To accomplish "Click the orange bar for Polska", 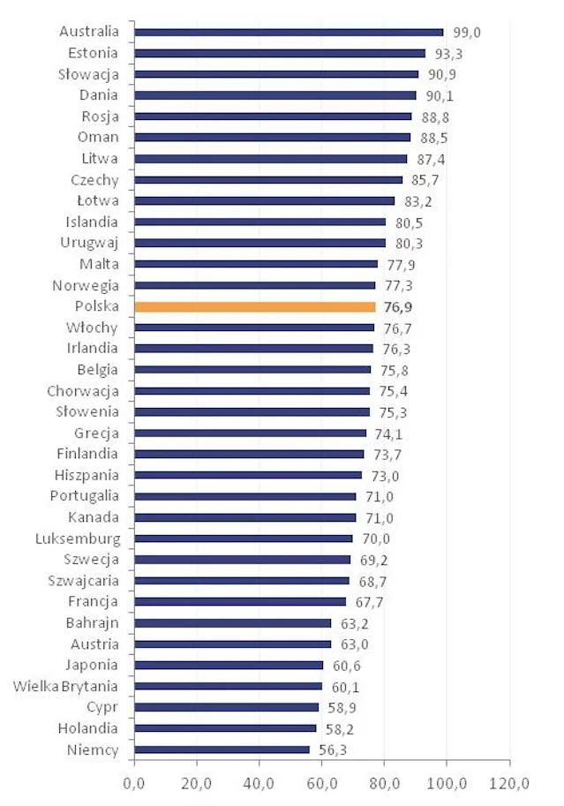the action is [255, 307].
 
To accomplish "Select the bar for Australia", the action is [289, 33].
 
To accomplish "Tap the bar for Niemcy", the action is [222, 750].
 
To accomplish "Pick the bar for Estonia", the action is [280, 54].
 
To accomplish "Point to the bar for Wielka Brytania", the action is [229, 686].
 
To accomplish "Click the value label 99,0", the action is [467, 33].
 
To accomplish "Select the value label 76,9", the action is [398, 307].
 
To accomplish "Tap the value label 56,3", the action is [333, 750].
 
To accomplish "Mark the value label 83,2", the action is [418, 201].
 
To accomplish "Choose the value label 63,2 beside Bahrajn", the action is [355, 623].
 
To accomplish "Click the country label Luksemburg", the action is [78, 539].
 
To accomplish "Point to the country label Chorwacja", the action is [83, 391].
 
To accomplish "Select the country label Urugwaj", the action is [89, 243].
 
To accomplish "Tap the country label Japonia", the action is [92, 665].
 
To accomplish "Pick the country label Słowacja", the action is [88, 74].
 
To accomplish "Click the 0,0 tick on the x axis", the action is [133, 783].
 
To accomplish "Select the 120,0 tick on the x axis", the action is [509, 783].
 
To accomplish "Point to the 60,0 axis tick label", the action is [322, 783].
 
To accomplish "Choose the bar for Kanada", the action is [245, 517].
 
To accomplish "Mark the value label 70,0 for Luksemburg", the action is [376, 539].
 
